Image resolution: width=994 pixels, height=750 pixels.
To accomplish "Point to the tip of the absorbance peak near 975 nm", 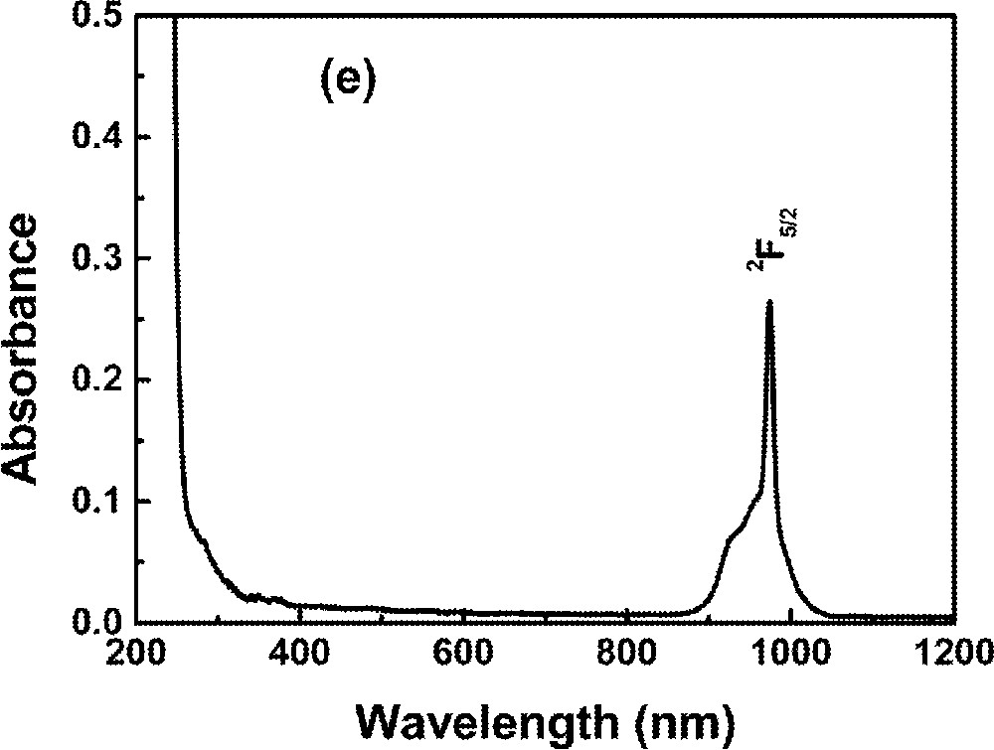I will [x=768, y=301].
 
